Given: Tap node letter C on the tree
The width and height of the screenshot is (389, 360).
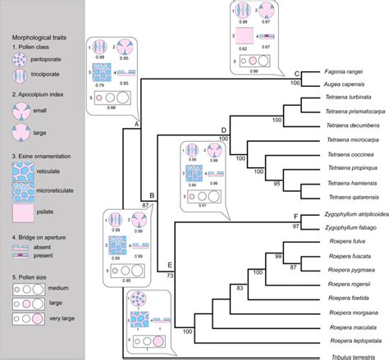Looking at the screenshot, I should click(x=296, y=73).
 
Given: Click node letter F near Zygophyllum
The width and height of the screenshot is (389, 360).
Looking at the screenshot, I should click(x=295, y=215).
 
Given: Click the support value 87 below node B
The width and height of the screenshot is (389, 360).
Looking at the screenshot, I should click(x=146, y=203).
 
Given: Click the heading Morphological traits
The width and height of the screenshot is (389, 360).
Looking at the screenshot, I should click(x=42, y=39).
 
